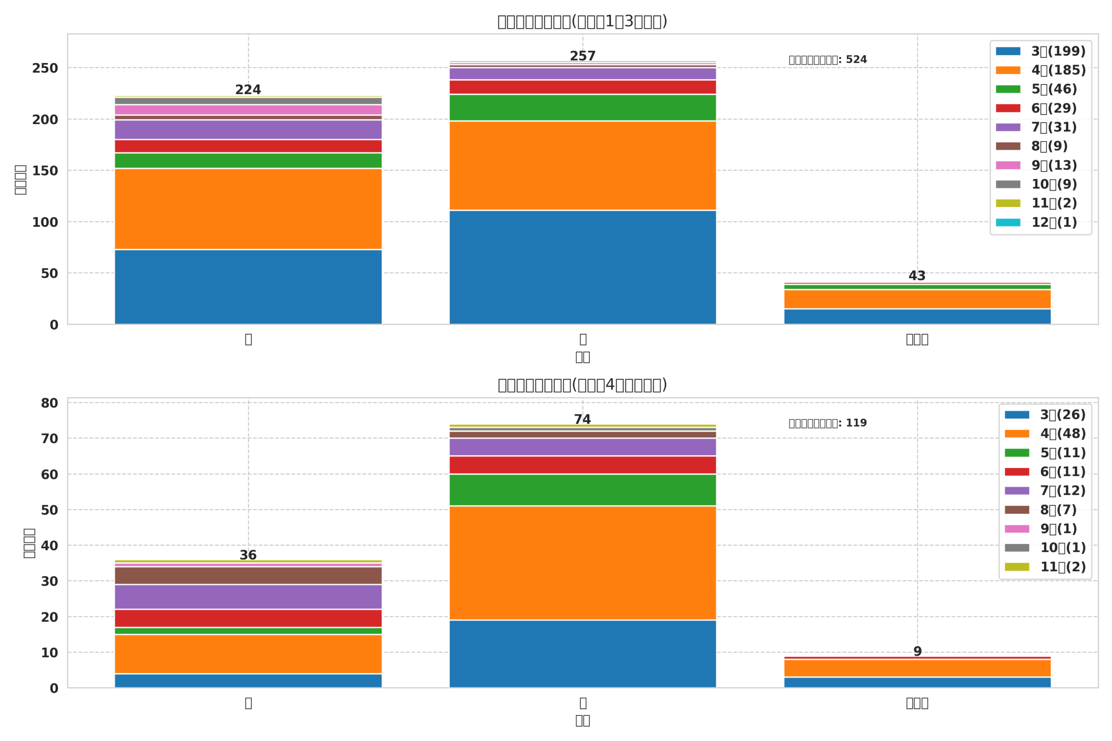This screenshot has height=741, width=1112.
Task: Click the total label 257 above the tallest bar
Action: (x=582, y=56)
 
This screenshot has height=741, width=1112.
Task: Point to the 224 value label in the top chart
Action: (x=248, y=90)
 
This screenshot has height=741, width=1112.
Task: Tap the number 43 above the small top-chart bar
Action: (x=917, y=276)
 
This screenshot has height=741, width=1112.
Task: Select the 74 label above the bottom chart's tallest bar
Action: (x=582, y=420)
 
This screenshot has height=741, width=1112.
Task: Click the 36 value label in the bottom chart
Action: (x=248, y=555)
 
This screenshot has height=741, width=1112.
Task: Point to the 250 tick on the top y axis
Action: (x=45, y=69)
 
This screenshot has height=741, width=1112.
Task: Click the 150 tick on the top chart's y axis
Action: (x=45, y=171)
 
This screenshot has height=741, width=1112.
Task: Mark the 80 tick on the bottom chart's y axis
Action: (x=49, y=403)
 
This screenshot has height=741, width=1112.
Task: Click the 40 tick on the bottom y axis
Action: (x=49, y=546)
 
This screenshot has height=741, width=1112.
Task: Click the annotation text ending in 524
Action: (x=827, y=60)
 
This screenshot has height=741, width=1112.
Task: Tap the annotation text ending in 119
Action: (x=827, y=423)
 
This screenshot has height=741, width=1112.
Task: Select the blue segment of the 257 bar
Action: (x=582, y=267)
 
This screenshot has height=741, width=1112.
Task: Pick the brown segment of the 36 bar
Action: (x=248, y=575)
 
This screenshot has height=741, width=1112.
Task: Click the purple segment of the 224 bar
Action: (x=248, y=129)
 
